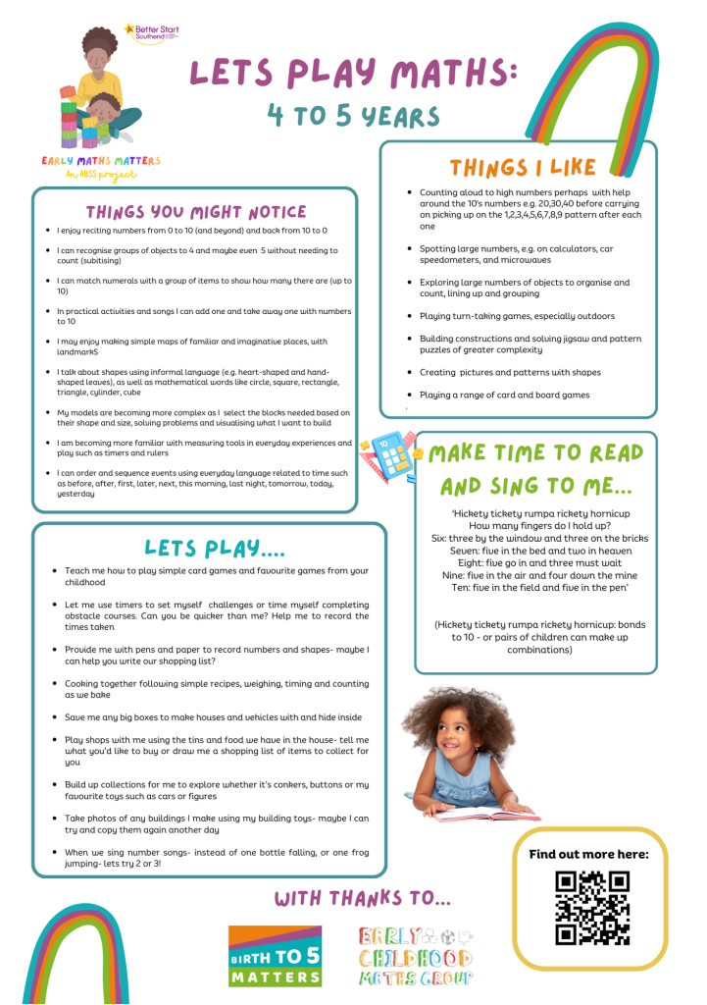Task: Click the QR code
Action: [x=591, y=908]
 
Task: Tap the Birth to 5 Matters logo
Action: [x=275, y=956]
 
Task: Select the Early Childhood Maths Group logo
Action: [x=415, y=955]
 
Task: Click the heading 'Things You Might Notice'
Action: [x=195, y=211]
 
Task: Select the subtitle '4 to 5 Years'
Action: [x=353, y=117]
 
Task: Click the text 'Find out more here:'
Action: [x=588, y=854]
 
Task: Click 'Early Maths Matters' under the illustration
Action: [x=100, y=161]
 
